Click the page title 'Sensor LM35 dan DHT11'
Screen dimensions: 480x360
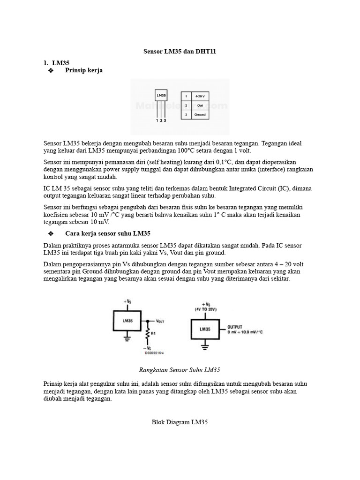click(x=180, y=51)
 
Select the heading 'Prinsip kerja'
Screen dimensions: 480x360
click(x=84, y=70)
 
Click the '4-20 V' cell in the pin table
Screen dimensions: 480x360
click(x=200, y=96)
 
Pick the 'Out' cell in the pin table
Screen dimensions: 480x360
click(x=200, y=105)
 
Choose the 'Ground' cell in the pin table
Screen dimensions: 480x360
click(x=200, y=114)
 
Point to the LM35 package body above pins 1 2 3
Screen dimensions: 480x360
click(x=161, y=95)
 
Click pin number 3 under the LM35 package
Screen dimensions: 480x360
click(x=165, y=120)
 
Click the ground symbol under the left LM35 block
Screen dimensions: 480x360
click(x=127, y=339)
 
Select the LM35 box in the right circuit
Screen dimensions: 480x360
click(x=205, y=329)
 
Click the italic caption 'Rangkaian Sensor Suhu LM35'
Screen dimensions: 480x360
click(x=180, y=370)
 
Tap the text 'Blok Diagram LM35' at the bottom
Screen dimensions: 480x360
click(x=180, y=422)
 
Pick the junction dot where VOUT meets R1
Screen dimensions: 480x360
click(x=148, y=322)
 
